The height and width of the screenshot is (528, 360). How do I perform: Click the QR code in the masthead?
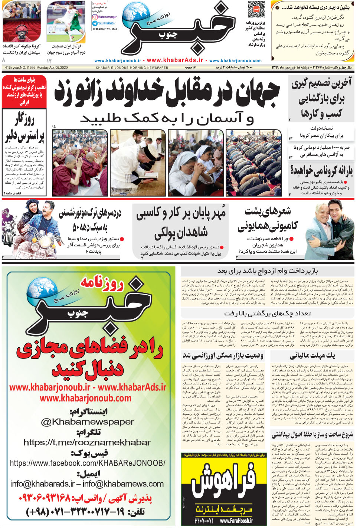point(256,9)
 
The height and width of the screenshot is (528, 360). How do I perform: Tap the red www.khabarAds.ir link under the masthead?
point(175,60)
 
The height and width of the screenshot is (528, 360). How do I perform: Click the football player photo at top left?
point(66,22)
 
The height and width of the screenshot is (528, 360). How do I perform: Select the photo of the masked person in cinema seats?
point(21,22)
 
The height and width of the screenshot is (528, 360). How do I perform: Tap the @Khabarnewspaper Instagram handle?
point(87,422)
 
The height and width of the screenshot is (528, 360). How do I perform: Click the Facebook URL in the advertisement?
point(88,463)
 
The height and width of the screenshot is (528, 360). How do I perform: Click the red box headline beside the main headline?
point(24,91)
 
